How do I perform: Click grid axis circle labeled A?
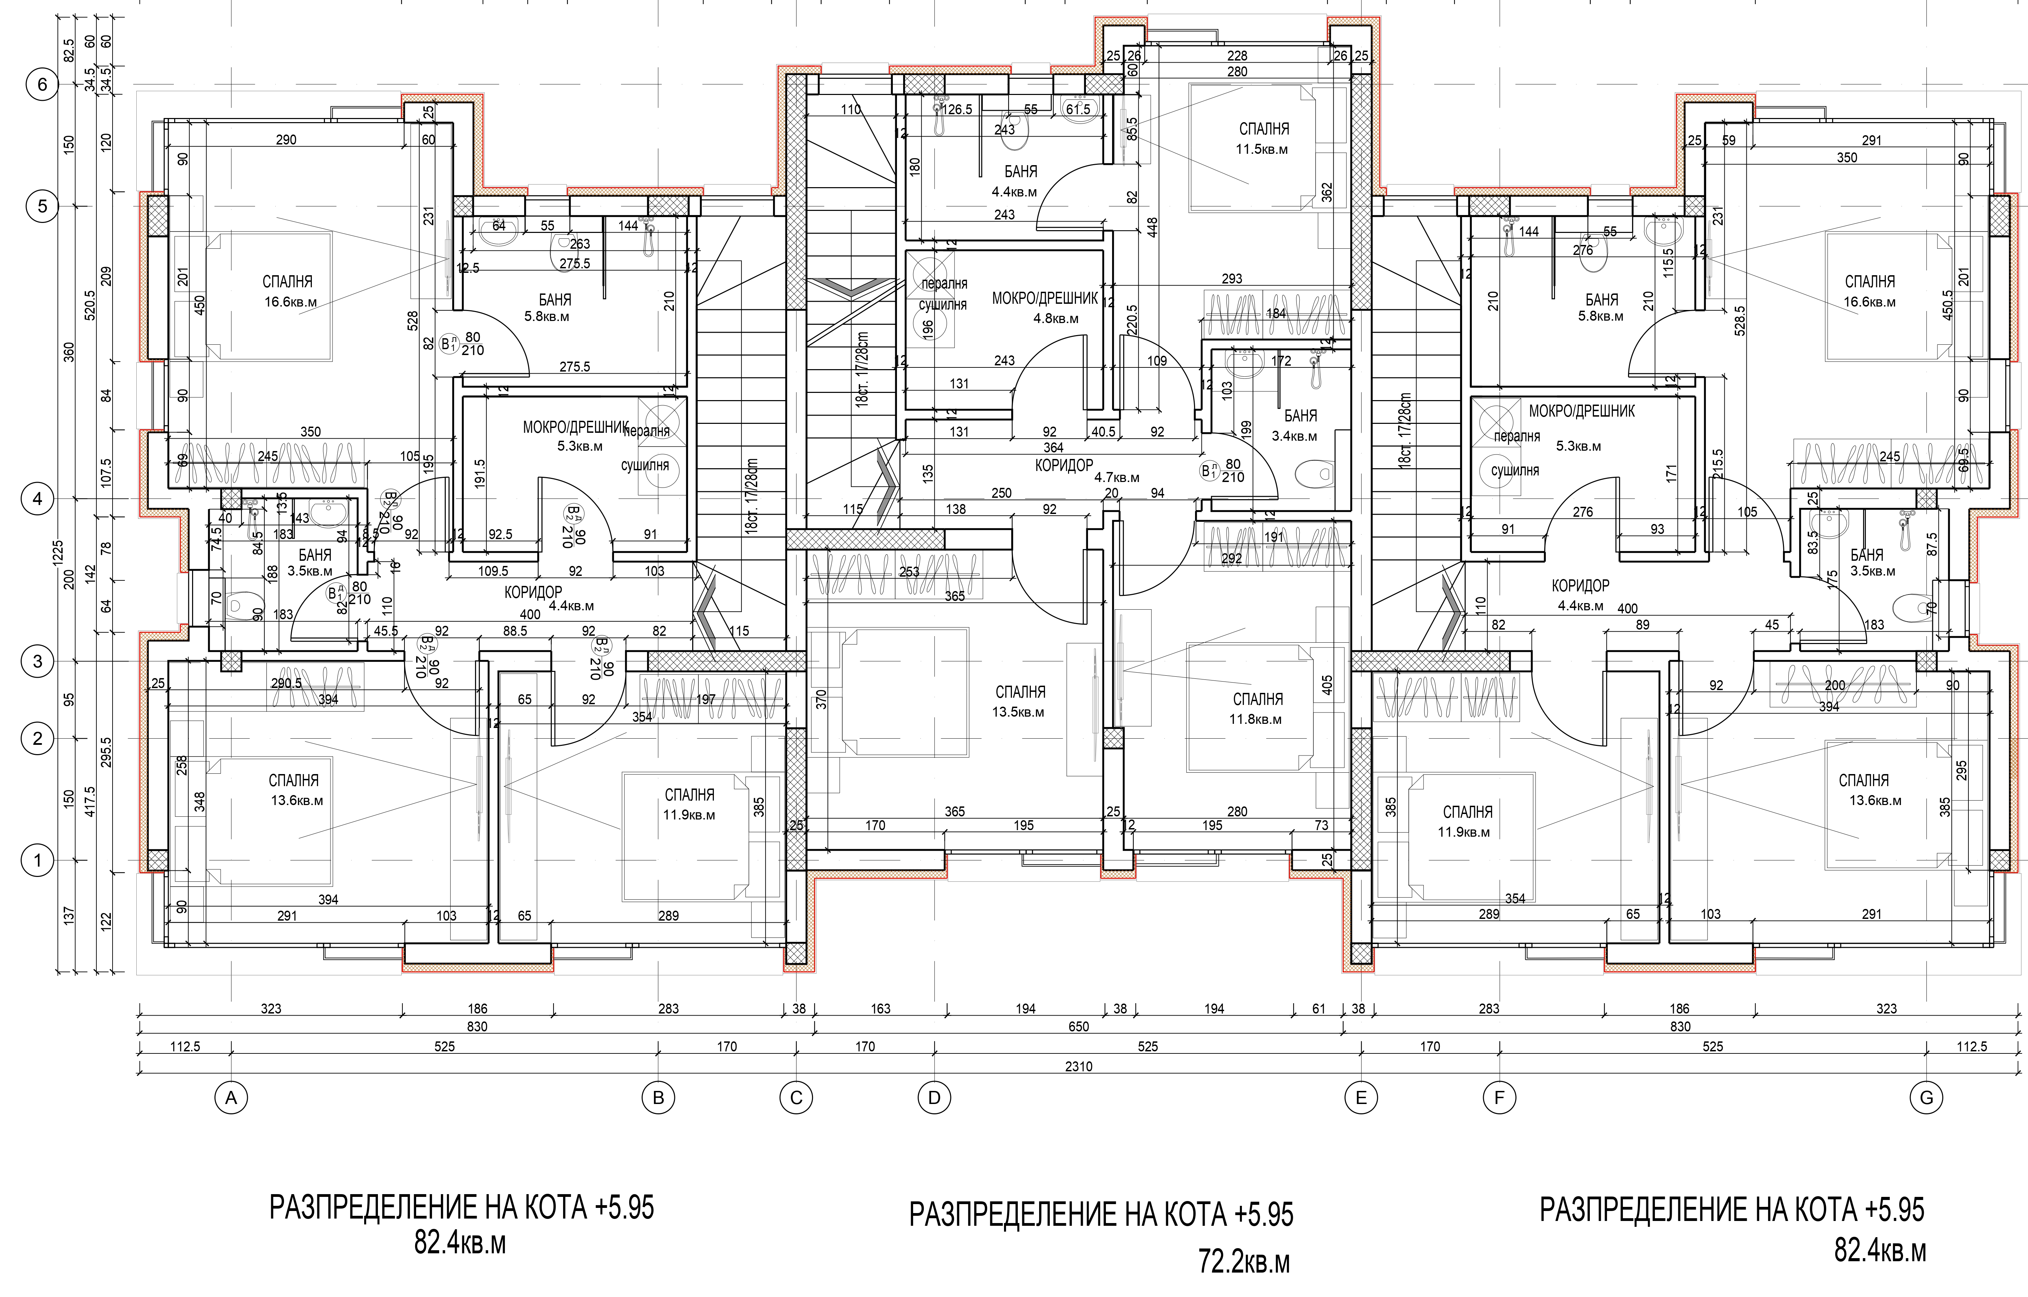231,1097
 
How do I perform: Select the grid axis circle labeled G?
1926,1097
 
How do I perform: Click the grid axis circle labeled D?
933,1097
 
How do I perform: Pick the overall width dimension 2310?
1078,1066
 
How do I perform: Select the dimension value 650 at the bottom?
1078,1027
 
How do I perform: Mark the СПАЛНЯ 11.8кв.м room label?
1257,708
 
